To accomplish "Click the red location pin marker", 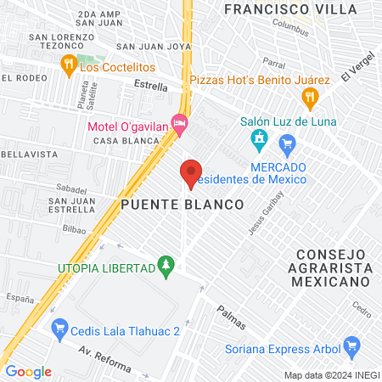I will [x=191, y=173].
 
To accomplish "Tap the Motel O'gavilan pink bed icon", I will [x=178, y=123].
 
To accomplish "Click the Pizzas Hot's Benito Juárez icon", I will [x=311, y=97].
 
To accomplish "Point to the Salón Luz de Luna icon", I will [x=258, y=138].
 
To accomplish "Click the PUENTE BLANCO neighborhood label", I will [x=182, y=205].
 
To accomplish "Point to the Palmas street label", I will [x=231, y=317].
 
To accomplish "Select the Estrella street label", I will [x=151, y=86].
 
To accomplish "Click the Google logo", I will [x=28, y=371].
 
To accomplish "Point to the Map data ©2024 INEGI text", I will [x=331, y=375].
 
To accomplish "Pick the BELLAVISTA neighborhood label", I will [x=30, y=154].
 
